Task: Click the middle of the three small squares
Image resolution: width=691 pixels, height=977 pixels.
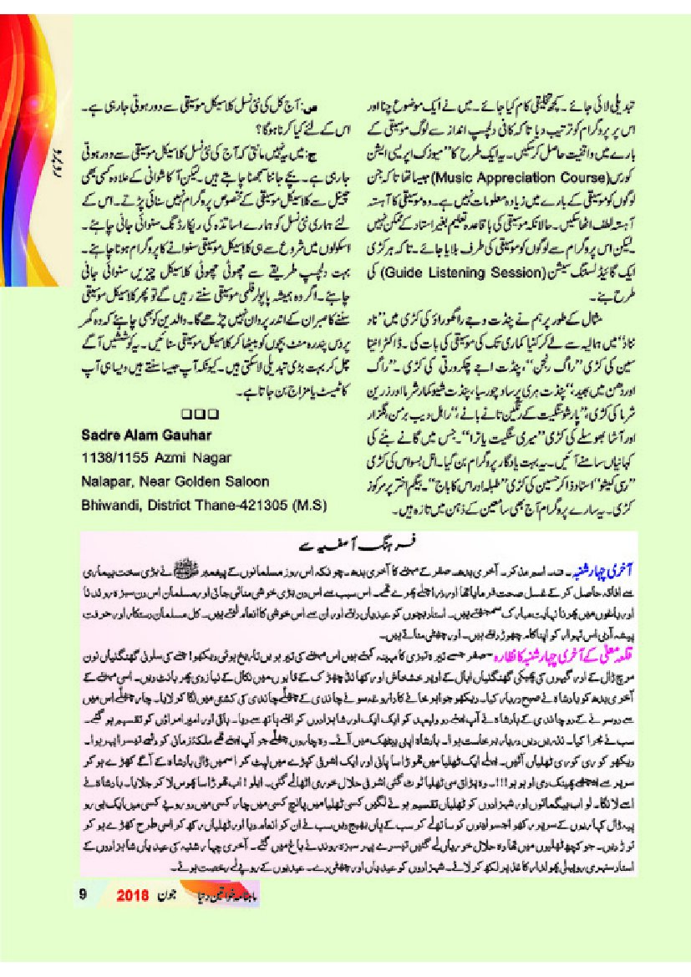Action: point(200,413)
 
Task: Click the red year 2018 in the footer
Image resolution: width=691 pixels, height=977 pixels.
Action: point(132,893)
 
